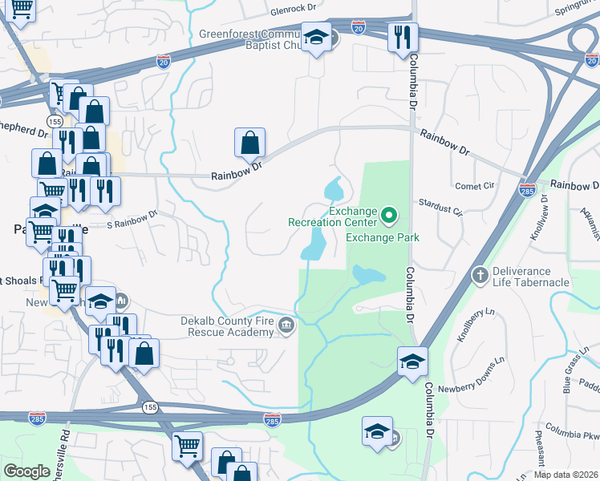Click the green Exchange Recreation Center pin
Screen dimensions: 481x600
tap(389, 214)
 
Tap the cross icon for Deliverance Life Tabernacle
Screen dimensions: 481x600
tap(480, 275)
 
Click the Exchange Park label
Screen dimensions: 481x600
tap(383, 237)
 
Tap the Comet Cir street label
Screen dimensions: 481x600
tap(475, 186)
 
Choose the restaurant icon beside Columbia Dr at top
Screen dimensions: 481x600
tap(402, 37)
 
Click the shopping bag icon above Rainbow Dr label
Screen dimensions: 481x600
tap(249, 142)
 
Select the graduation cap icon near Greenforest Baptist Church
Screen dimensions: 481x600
tap(316, 36)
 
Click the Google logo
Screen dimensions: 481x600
tap(26, 471)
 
